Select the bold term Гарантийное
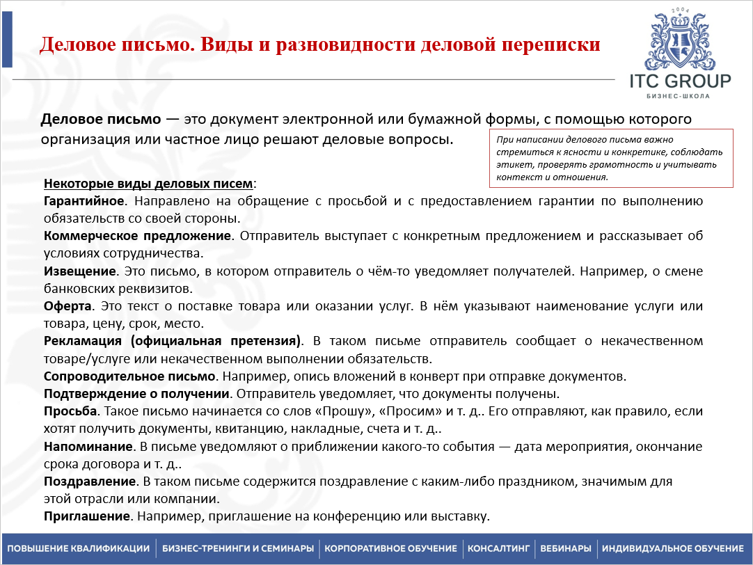(x=84, y=201)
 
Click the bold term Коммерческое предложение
(x=137, y=236)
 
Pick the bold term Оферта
(x=67, y=306)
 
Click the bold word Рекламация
(x=83, y=342)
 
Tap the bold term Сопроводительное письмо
(x=129, y=376)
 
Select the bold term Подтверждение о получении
(x=136, y=394)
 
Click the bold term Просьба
(x=70, y=411)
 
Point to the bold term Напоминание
(x=88, y=447)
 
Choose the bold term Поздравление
(x=89, y=482)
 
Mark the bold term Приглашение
(x=87, y=517)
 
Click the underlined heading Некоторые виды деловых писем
(x=149, y=184)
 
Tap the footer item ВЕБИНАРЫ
(x=565, y=548)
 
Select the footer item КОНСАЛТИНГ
(x=499, y=548)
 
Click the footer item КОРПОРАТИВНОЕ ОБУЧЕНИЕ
(x=393, y=548)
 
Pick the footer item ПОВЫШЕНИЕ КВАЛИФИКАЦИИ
(x=79, y=548)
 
